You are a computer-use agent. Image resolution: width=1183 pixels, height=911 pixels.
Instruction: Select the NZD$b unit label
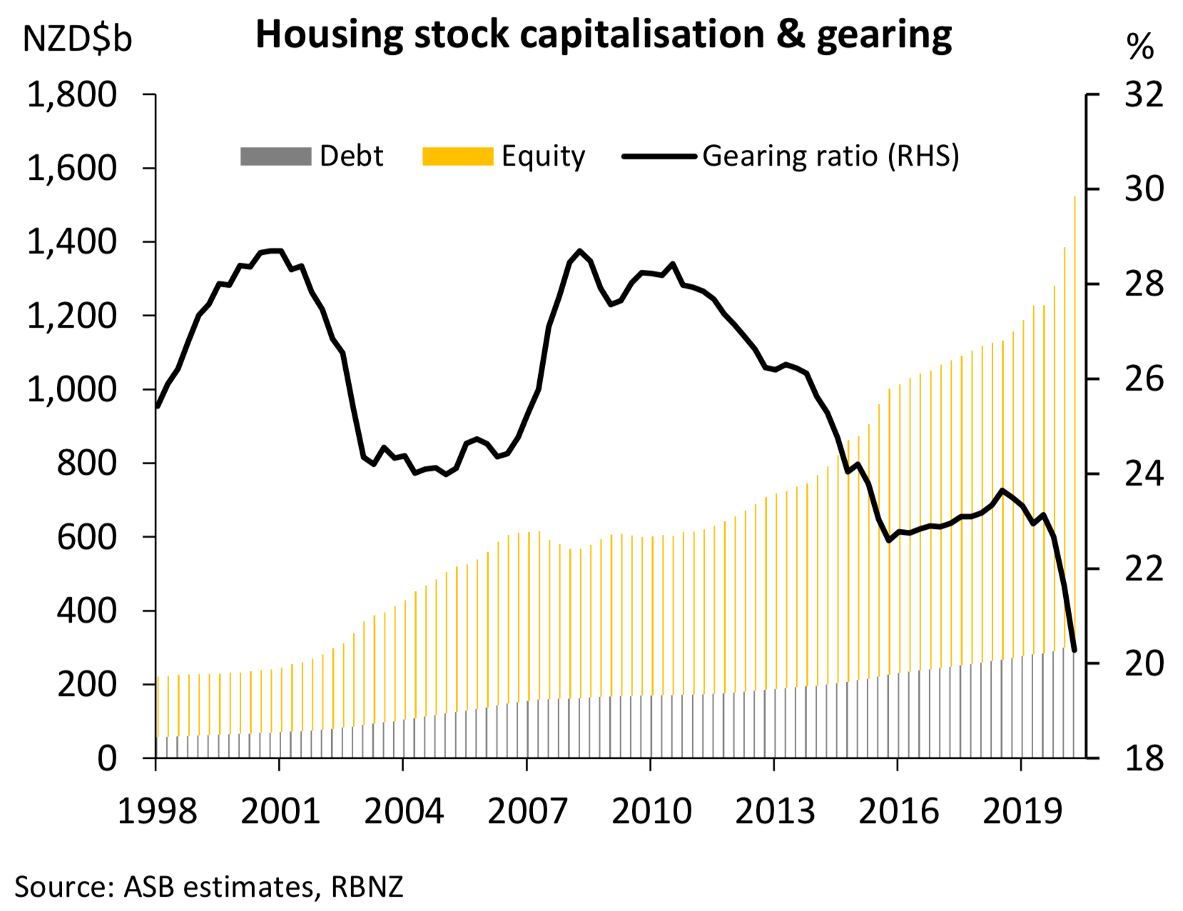pyautogui.click(x=77, y=39)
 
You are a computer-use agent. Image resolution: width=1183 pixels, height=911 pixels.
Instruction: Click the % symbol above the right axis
pyautogui.click(x=1139, y=47)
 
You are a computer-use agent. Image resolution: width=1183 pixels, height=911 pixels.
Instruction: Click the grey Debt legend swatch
pyautogui.click(x=275, y=156)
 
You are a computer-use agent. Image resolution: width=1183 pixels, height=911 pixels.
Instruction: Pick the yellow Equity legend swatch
pyautogui.click(x=457, y=156)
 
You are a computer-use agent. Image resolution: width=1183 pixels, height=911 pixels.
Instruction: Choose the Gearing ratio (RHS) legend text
pyautogui.click(x=831, y=156)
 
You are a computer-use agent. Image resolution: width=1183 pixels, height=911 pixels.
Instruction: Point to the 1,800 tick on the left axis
pyautogui.click(x=71, y=95)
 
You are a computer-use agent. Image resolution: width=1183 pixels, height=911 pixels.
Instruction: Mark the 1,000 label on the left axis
pyautogui.click(x=71, y=390)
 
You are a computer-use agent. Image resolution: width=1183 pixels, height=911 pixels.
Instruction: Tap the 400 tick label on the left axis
pyautogui.click(x=86, y=611)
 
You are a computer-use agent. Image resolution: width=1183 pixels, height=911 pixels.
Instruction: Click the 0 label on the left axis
pyautogui.click(x=107, y=758)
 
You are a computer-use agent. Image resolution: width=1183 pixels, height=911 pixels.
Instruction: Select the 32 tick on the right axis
pyautogui.click(x=1143, y=95)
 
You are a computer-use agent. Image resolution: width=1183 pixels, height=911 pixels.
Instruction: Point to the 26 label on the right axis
pyautogui.click(x=1143, y=379)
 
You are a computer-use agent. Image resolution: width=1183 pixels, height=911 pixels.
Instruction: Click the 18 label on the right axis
pyautogui.click(x=1143, y=758)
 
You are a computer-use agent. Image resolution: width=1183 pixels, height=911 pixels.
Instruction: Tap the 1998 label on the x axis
pyautogui.click(x=157, y=812)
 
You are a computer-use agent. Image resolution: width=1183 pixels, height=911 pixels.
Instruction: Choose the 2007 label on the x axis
pyautogui.click(x=527, y=812)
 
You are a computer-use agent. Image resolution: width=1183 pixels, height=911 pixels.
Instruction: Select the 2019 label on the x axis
pyautogui.click(x=1022, y=812)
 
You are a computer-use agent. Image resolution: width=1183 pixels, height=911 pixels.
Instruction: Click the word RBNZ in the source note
pyautogui.click(x=367, y=887)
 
